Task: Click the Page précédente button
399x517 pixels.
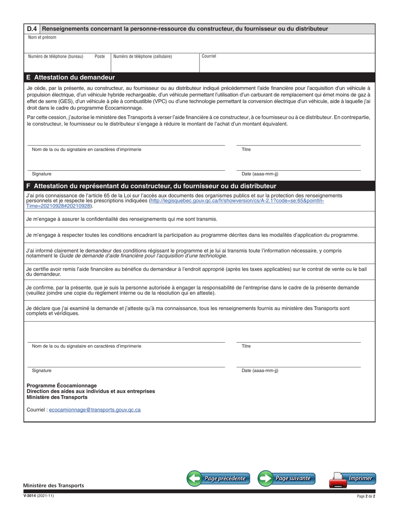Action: point(218,478)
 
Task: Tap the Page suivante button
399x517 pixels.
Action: point(286,478)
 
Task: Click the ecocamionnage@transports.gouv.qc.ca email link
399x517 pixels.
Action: point(94,409)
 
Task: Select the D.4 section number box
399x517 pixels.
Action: point(32,29)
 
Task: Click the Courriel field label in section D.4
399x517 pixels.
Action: point(209,56)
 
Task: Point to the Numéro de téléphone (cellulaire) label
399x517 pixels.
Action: point(142,56)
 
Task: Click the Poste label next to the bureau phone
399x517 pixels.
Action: point(100,56)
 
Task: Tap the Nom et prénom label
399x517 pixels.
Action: point(42,37)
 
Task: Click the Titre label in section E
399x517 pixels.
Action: point(246,149)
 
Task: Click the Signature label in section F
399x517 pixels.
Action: point(42,371)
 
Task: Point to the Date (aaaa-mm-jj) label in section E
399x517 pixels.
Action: point(260,174)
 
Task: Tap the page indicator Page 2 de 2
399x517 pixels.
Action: point(365,496)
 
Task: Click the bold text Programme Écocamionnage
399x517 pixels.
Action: point(62,385)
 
